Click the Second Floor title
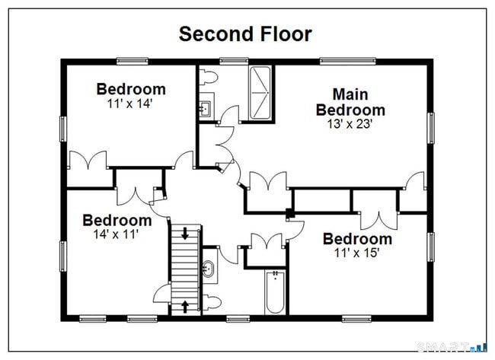pyautogui.click(x=245, y=33)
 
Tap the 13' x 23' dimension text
pyautogui.click(x=350, y=124)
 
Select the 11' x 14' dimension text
pyautogui.click(x=130, y=104)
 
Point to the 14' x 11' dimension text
pyautogui.click(x=117, y=234)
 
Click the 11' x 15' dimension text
pyautogui.click(x=356, y=253)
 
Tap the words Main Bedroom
pyautogui.click(x=350, y=102)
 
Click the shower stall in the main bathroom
pyautogui.click(x=260, y=93)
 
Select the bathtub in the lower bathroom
pyautogui.click(x=275, y=292)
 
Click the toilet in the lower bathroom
pyautogui.click(x=211, y=302)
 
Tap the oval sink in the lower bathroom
pyautogui.click(x=208, y=269)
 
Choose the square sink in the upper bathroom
pyautogui.click(x=206, y=109)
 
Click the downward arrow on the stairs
pyautogui.click(x=185, y=233)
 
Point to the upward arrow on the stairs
pyautogui.click(x=185, y=307)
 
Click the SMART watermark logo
pyautogui.click(x=452, y=347)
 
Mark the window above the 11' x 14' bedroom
pyautogui.click(x=133, y=61)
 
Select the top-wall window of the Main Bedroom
pyautogui.click(x=348, y=61)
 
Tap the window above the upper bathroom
pyautogui.click(x=234, y=61)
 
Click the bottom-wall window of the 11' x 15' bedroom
pyautogui.click(x=356, y=319)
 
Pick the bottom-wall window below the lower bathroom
pyautogui.click(x=238, y=319)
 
